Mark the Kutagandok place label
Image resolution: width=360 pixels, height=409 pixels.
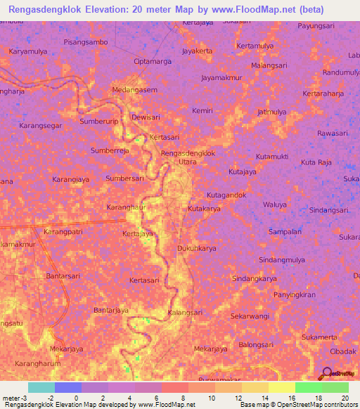(x=226, y=194)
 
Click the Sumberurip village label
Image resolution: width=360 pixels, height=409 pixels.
(x=98, y=122)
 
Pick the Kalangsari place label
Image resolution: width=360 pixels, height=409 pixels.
(x=186, y=312)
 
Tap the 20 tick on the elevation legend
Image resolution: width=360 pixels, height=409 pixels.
(x=345, y=398)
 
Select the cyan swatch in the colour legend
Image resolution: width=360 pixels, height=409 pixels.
(x=41, y=387)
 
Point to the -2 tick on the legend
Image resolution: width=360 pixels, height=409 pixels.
(x=51, y=398)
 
